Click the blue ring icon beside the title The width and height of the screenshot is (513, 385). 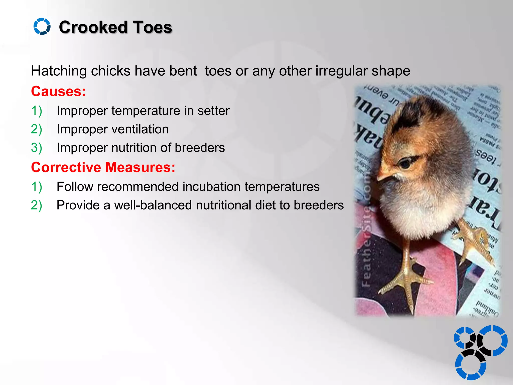[42, 26]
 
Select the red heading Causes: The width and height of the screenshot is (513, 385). [58, 91]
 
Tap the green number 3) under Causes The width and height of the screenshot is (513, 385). [36, 148]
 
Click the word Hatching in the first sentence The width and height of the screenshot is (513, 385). [59, 71]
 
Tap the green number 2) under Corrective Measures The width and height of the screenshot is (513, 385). [36, 205]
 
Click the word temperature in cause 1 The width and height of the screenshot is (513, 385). [146, 111]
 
